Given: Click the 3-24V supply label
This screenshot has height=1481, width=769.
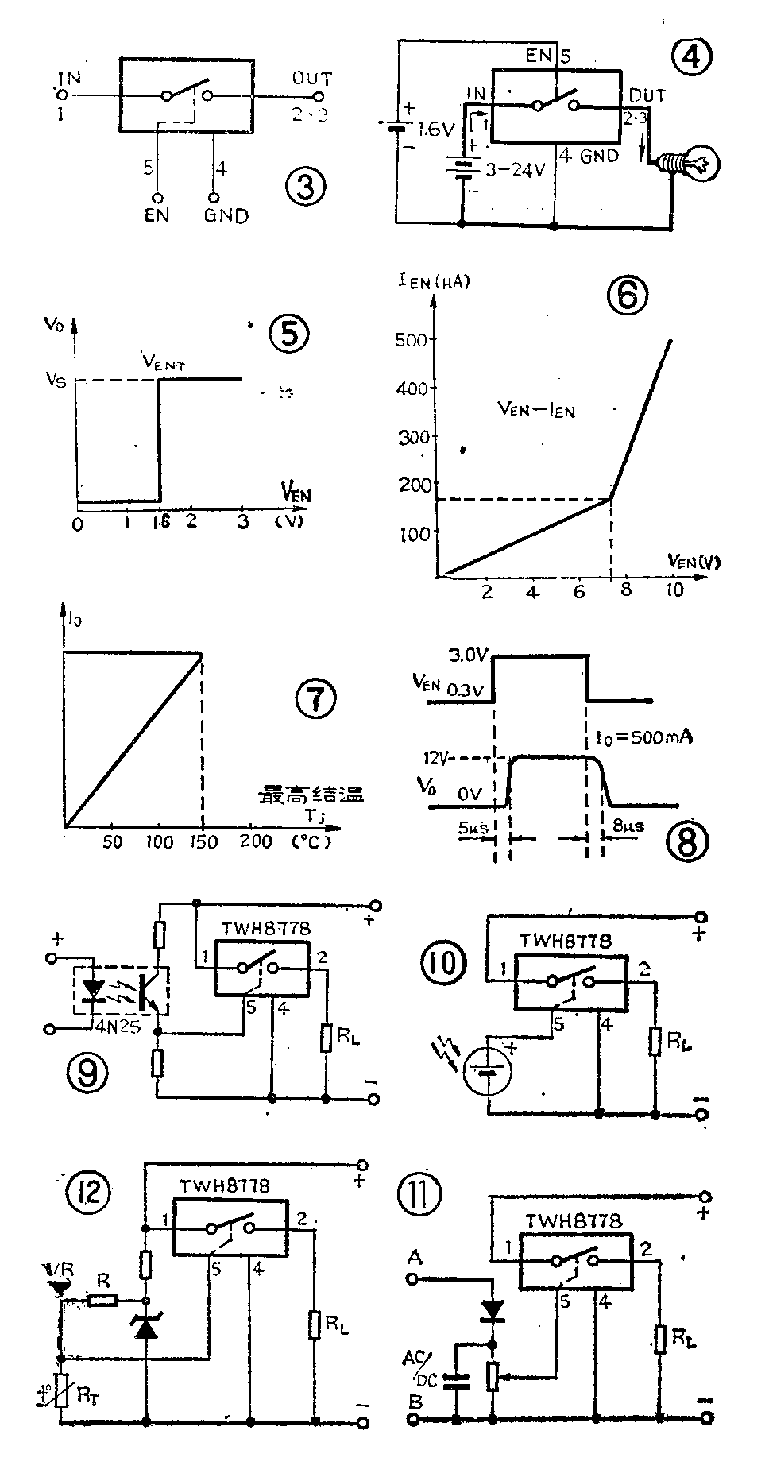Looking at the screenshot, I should click(x=512, y=170).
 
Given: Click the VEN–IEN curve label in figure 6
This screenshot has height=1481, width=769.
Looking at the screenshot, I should click(x=535, y=409).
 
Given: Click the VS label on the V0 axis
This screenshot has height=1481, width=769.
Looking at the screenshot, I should click(x=56, y=381).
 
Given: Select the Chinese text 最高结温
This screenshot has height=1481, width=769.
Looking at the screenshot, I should click(x=310, y=795).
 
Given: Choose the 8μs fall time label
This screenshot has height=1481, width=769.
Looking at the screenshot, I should click(x=629, y=826).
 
